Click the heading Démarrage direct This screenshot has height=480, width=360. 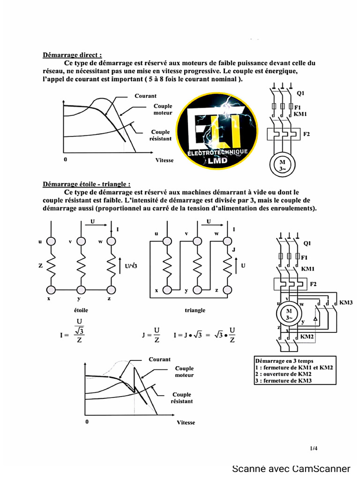point(72,55)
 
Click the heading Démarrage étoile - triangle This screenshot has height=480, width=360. point(86,184)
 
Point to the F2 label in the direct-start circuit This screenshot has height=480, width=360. point(307,134)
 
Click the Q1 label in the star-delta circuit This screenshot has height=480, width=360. point(307,243)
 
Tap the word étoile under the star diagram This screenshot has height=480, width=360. point(81,310)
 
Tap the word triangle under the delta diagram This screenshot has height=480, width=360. point(195,310)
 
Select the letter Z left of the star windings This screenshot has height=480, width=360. point(41,265)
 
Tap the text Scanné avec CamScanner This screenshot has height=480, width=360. point(291,468)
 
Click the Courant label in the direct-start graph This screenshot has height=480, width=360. point(145,96)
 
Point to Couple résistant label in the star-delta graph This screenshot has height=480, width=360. point(181,398)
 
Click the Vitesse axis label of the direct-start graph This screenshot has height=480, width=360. point(164,160)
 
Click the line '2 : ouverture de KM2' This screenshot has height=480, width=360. point(284,375)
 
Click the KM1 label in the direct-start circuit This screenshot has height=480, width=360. point(300,114)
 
